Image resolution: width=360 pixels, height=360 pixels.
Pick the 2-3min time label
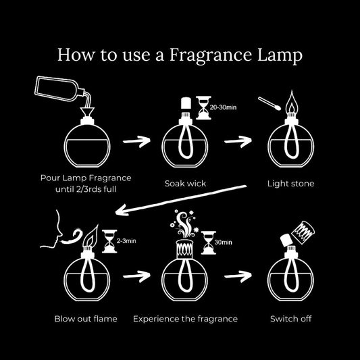click(x=127, y=240)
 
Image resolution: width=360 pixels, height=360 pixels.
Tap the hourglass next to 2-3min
click(x=107, y=240)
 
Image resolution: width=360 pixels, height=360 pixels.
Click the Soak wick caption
click(x=181, y=183)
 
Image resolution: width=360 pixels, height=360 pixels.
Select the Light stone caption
click(x=290, y=183)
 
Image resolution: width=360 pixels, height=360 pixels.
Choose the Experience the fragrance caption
click(x=185, y=317)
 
